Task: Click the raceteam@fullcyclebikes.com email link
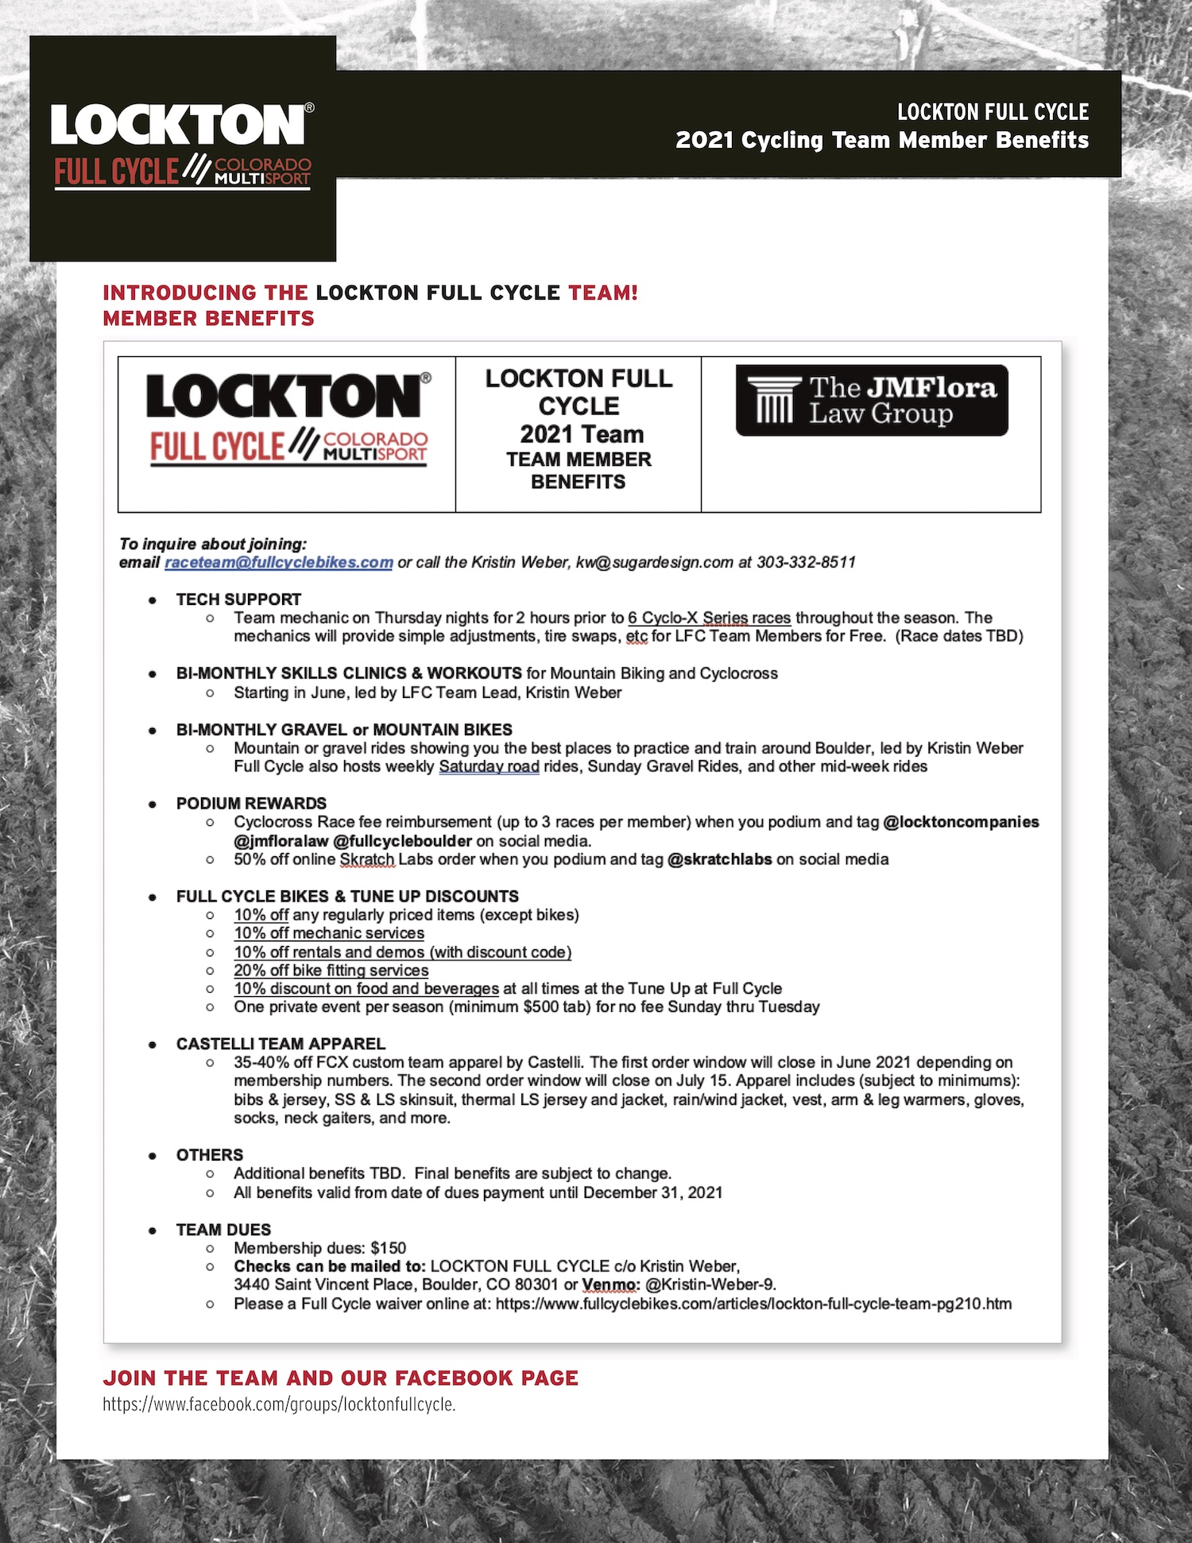click(278, 563)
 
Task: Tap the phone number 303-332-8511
click(806, 563)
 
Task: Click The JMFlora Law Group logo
click(872, 401)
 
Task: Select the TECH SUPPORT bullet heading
click(238, 599)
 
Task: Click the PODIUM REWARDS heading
click(251, 804)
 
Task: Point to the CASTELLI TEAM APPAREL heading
click(281, 1044)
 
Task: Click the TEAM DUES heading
click(223, 1230)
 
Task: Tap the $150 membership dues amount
click(388, 1248)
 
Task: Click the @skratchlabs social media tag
click(719, 859)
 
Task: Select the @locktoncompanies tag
click(961, 822)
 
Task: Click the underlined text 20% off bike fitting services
click(331, 971)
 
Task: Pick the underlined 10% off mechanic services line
click(329, 933)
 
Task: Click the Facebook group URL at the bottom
click(279, 1405)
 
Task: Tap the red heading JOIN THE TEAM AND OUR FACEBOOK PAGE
click(340, 1378)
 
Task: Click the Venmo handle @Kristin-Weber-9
click(710, 1285)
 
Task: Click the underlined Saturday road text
click(489, 766)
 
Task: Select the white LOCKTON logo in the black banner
click(181, 125)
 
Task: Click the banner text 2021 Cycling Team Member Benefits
click(881, 140)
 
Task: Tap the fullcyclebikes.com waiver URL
click(753, 1304)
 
